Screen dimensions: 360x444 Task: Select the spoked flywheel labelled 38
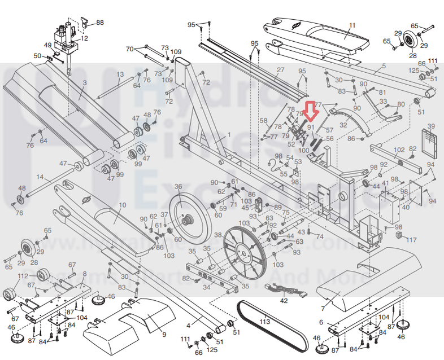(x=245, y=254)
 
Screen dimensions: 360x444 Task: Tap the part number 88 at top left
(x=100, y=23)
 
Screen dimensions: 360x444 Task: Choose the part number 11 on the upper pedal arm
(x=352, y=25)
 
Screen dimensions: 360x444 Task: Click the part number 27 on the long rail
(x=280, y=70)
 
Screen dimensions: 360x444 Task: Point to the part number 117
(x=412, y=240)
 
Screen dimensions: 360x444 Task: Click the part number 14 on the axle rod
(x=40, y=177)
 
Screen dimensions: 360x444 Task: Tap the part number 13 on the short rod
(x=120, y=74)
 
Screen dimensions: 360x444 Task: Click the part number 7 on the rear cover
(x=323, y=309)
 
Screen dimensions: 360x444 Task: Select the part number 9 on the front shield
(x=164, y=334)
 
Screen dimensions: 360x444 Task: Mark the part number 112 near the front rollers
(x=23, y=276)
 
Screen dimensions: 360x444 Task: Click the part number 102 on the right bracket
(x=399, y=150)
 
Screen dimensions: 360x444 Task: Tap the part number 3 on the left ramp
(x=84, y=82)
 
